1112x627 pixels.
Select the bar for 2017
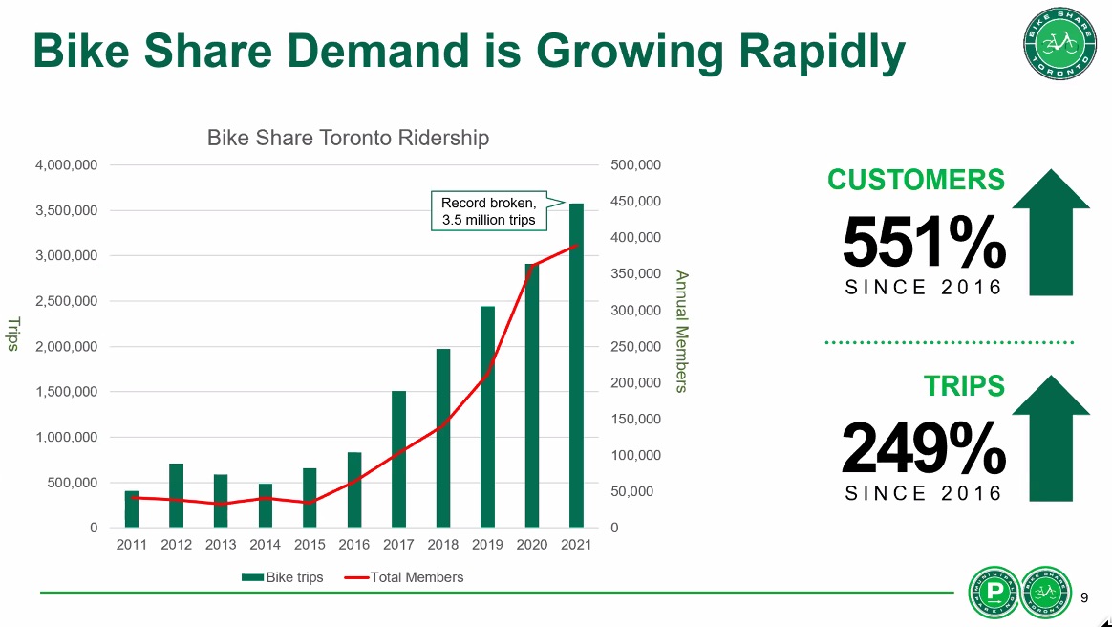click(398, 459)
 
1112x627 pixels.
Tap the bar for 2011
click(132, 508)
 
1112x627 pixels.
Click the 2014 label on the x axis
click(265, 545)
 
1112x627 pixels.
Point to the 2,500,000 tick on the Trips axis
click(66, 301)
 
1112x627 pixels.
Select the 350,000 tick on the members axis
click(635, 274)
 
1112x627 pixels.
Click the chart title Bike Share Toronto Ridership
click(348, 138)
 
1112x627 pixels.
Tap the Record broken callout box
click(488, 211)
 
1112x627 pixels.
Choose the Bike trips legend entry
click(283, 577)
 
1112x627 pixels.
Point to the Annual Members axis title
click(681, 331)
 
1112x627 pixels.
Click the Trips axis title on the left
click(13, 334)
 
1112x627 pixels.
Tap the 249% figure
click(924, 448)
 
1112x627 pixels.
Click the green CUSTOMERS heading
click(915, 180)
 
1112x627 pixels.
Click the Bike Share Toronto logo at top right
click(1056, 44)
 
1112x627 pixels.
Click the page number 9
click(1084, 598)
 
